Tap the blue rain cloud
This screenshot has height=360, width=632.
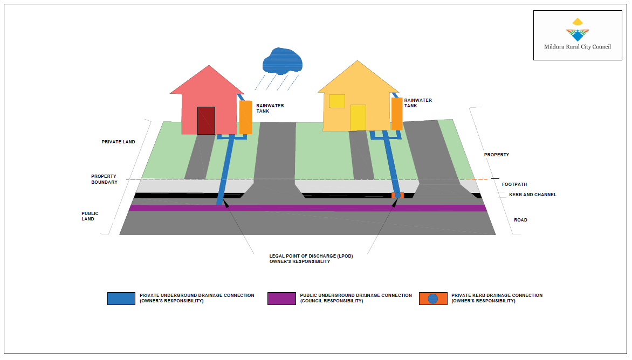point(281,60)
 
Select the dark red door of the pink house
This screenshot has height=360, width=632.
point(206,120)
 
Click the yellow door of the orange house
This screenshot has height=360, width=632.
point(358,117)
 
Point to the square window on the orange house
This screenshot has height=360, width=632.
point(337,101)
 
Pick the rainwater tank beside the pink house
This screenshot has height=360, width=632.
point(245,117)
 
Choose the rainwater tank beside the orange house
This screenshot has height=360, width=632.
point(397,113)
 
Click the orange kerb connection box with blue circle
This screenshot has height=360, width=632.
point(397,195)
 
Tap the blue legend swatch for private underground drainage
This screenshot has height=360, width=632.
point(121,299)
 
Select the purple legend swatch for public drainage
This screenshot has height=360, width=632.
point(281,299)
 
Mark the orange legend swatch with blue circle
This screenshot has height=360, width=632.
point(432,299)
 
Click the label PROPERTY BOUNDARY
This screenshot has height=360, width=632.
point(104,179)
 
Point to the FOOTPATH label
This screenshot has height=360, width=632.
point(514,184)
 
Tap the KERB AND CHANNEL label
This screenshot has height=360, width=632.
point(532,195)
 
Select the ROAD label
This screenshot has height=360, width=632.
point(520,220)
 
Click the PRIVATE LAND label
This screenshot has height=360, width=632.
point(118,142)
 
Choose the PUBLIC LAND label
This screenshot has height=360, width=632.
point(90,216)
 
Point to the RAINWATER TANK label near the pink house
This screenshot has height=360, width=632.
point(270,108)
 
